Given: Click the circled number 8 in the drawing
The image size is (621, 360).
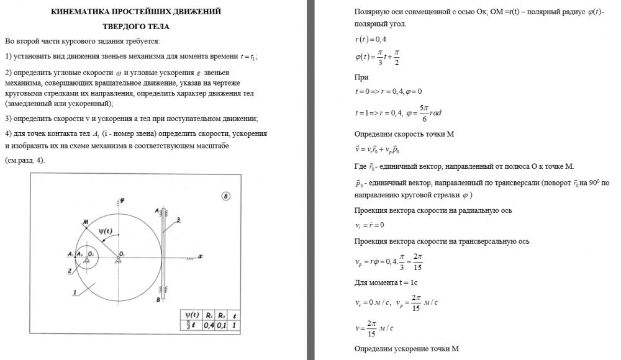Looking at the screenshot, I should point(225,196).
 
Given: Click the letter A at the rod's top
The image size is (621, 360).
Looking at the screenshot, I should point(156,211).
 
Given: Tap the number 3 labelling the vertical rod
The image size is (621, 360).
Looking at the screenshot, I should point(178,220).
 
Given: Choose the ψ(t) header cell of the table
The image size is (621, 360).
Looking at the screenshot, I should point(190,314).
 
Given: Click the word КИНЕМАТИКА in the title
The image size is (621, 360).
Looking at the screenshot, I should point(81,12).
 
